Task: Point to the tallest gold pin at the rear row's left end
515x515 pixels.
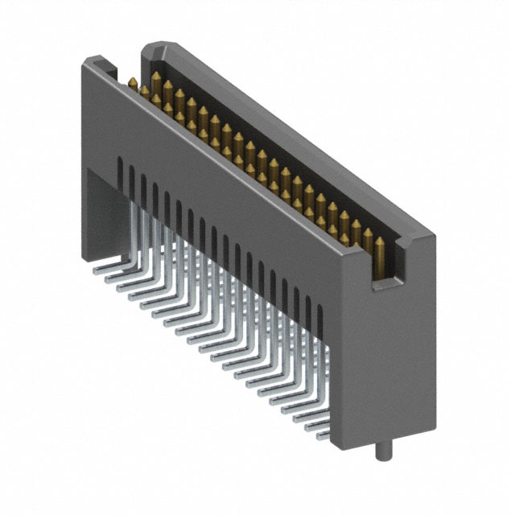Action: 155,79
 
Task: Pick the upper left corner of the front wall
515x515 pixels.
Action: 90,58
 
